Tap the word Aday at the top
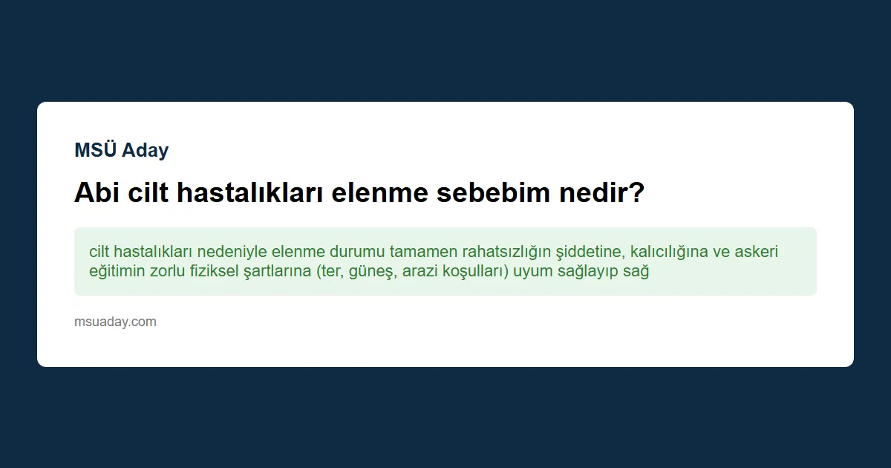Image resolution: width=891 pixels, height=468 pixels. click(146, 150)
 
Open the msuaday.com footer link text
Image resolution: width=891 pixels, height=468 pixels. click(115, 322)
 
